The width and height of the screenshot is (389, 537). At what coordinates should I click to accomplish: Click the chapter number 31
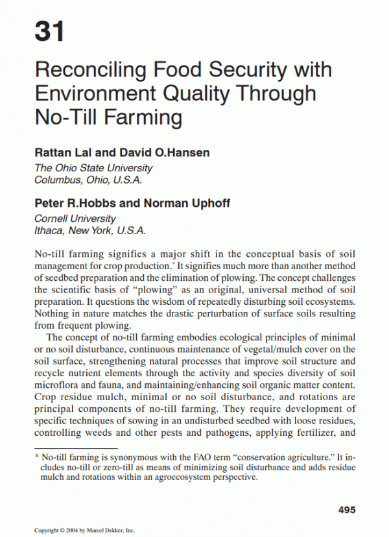[x=50, y=30]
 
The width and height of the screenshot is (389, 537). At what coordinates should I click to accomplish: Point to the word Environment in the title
[x=95, y=93]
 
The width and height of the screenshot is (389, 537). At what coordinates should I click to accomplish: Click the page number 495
[x=347, y=510]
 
